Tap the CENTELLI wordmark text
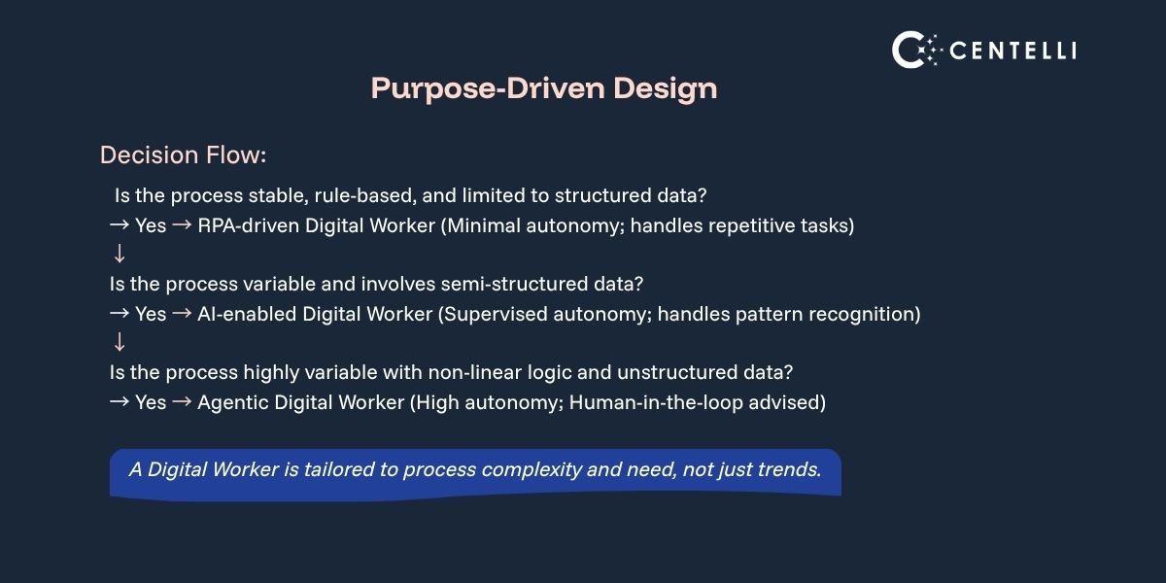(1012, 51)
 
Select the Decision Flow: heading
(183, 155)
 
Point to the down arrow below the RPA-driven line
(120, 255)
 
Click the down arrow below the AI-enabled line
(120, 342)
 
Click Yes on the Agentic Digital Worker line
(151, 402)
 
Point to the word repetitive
(748, 226)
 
